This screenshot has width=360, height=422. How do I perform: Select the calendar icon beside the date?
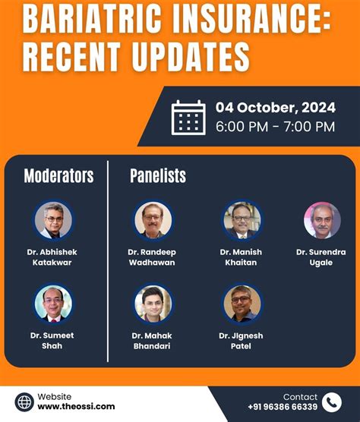pyautogui.click(x=189, y=118)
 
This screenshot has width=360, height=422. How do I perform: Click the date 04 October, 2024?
pyautogui.click(x=274, y=107)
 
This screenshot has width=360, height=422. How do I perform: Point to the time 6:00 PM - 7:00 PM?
pyautogui.click(x=275, y=127)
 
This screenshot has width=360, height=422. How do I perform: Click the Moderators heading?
pyautogui.click(x=58, y=176)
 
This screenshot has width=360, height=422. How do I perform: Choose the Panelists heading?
pyautogui.click(x=158, y=176)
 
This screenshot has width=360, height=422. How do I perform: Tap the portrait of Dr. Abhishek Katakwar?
pyautogui.click(x=53, y=221)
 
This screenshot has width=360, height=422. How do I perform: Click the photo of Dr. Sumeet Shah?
pyautogui.click(x=53, y=303)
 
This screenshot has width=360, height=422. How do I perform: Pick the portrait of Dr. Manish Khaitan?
pyautogui.click(x=242, y=221)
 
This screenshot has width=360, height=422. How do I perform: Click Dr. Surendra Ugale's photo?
pyautogui.click(x=322, y=221)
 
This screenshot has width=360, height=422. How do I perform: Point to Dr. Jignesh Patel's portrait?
pyautogui.click(x=242, y=304)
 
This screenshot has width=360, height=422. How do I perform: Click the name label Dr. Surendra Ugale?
pyautogui.click(x=321, y=257)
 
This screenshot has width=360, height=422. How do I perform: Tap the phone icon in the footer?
pyautogui.click(x=332, y=402)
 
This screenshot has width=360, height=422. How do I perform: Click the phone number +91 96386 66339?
pyautogui.click(x=282, y=408)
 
